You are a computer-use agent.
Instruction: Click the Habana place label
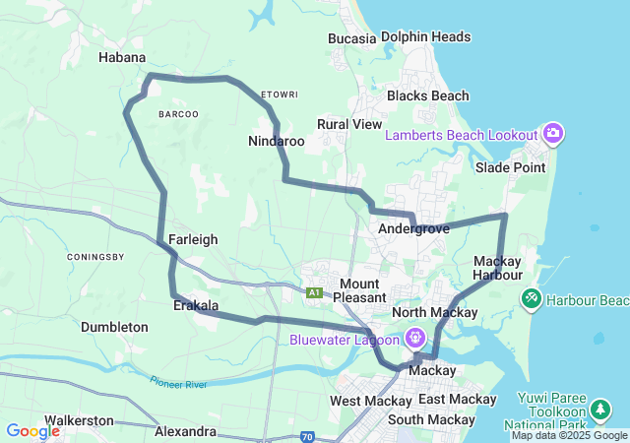pyautogui.click(x=122, y=57)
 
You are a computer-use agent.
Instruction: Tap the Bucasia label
pyautogui.click(x=352, y=38)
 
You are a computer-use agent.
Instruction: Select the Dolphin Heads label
pyautogui.click(x=425, y=37)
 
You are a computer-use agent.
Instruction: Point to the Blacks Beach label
pyautogui.click(x=427, y=96)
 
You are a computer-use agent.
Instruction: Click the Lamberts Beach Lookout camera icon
pyautogui.click(x=552, y=133)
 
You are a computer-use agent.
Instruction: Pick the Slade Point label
pyautogui.click(x=510, y=167)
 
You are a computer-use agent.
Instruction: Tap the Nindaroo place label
pyautogui.click(x=276, y=142)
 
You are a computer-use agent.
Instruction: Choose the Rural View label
pyautogui.click(x=348, y=125)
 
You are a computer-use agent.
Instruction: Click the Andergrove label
pyautogui.click(x=413, y=228)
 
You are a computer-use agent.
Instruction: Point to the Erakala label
pyautogui.click(x=195, y=305)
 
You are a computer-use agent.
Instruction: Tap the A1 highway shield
pyautogui.click(x=314, y=292)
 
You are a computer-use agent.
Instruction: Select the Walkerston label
pyautogui.click(x=79, y=420)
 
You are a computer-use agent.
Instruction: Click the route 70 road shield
pyautogui.click(x=306, y=435)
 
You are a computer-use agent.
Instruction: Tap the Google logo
pyautogui.click(x=32, y=431)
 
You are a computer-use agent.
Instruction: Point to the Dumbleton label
pyautogui.click(x=114, y=327)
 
